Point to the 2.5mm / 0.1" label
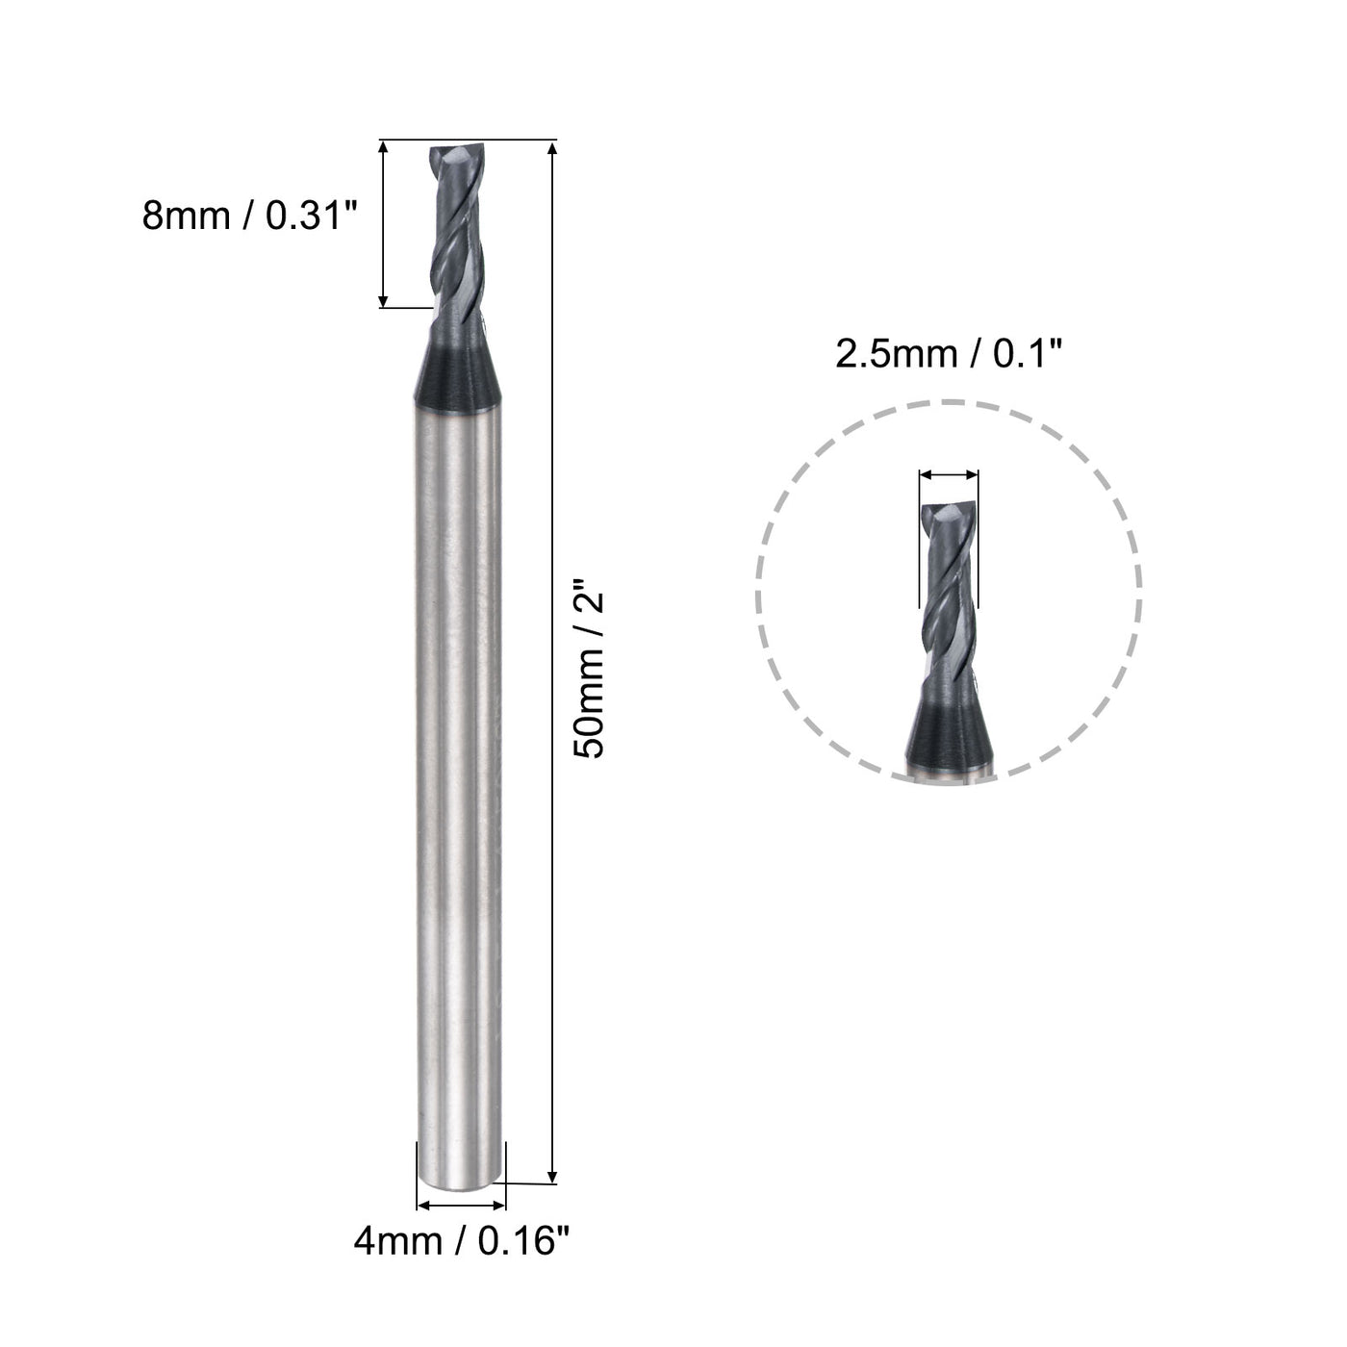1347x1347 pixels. [x=948, y=354]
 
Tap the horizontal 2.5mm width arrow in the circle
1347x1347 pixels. [x=949, y=473]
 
